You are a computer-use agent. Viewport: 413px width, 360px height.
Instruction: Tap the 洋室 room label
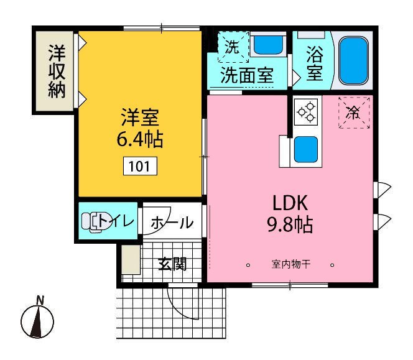point(139,116)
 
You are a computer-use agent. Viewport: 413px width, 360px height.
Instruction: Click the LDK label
point(289,203)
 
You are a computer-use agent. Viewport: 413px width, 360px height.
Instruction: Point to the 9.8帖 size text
point(289,224)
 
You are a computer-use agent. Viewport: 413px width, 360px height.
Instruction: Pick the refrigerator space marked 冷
point(353,113)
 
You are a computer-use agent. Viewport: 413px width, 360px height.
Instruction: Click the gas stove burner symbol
point(306,113)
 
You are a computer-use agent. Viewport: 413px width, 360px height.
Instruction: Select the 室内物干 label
point(290,264)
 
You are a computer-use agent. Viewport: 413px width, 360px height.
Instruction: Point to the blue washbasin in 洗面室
point(267,44)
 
